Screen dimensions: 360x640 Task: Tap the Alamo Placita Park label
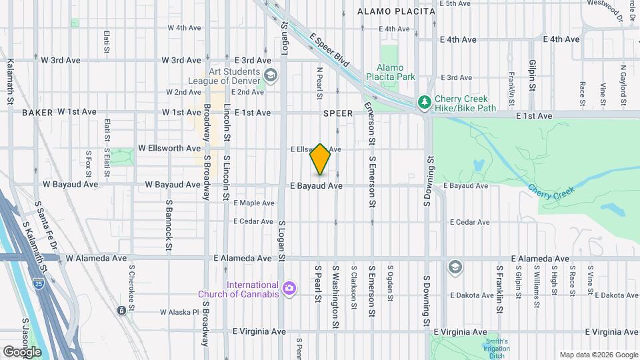395,72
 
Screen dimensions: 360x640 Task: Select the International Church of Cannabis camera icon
289,289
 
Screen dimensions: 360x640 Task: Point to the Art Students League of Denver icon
270,75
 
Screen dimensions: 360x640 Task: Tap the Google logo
21,351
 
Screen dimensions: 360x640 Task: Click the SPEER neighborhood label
337,113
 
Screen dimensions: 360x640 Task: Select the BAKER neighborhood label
37,113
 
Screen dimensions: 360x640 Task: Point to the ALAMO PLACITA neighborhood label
396,11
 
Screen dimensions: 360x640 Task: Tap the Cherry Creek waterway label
551,191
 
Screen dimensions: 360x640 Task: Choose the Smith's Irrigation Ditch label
495,347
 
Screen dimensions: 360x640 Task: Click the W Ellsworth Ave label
169,148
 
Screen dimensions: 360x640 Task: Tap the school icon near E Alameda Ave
455,267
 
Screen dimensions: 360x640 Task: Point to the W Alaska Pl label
180,312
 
